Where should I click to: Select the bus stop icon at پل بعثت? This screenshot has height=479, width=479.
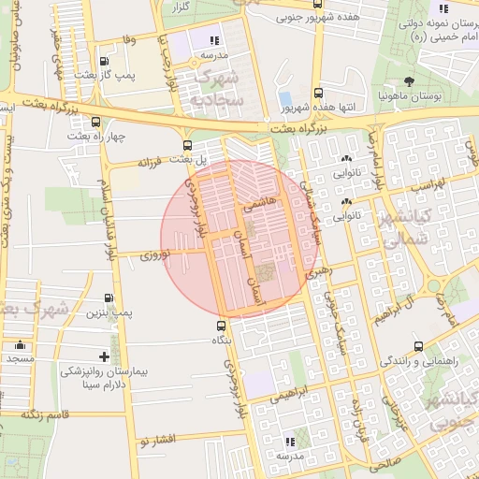pos(188,145)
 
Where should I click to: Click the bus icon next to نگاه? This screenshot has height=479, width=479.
pos(221,327)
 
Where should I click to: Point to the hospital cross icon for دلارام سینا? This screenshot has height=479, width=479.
pos(104,356)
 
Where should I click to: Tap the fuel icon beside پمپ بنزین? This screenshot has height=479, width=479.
pos(112,299)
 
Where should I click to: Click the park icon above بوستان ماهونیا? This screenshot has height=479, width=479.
pos(407,80)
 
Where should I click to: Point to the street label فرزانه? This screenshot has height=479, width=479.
pos(151,162)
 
